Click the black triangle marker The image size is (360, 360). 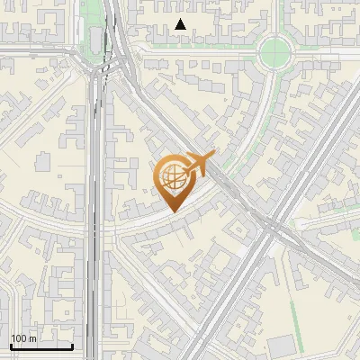[181, 24]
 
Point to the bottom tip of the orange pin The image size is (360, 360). [171, 211]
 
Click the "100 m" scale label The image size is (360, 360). [23, 338]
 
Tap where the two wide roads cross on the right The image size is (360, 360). [270, 226]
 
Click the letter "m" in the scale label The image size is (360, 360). [32, 338]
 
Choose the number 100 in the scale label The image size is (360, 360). [19, 338]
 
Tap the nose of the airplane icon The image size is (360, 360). [214, 156]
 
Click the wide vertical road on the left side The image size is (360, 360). [95, 225]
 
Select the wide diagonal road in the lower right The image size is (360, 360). [225, 297]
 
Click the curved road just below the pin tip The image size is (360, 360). [171, 221]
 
